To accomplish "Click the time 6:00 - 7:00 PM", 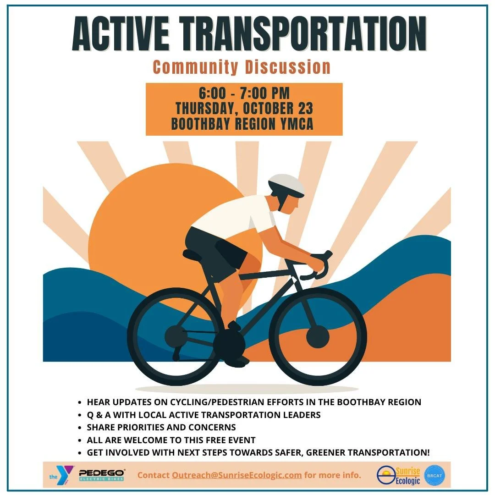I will (x=244, y=93).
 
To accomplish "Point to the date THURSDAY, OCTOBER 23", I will (x=244, y=109).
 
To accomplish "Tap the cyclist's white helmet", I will (x=286, y=184).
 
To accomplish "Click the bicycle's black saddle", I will (x=195, y=253).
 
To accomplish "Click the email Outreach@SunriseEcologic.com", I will (x=236, y=475).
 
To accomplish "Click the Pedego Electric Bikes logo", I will (x=102, y=475).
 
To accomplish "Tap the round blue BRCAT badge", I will (x=434, y=475).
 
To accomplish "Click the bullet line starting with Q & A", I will (x=204, y=415).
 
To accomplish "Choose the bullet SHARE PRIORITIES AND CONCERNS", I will (x=161, y=427).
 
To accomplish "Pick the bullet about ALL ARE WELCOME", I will (x=171, y=440).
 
